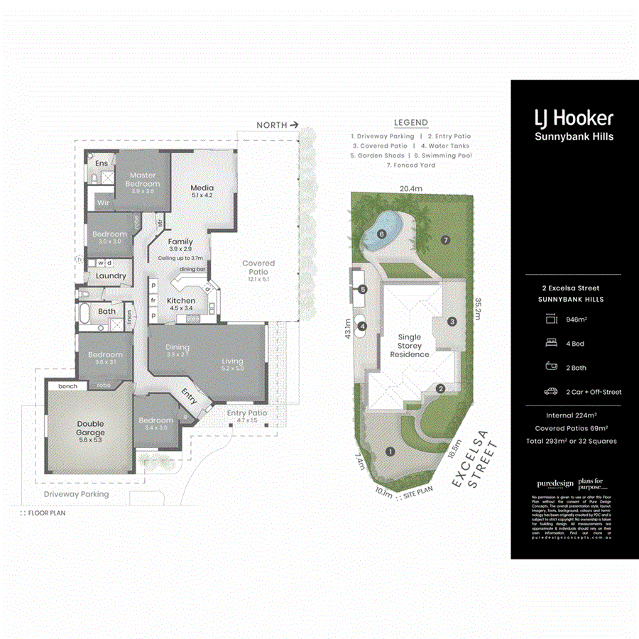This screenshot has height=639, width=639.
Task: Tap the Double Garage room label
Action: [x=90, y=428]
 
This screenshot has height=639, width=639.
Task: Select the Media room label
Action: [x=202, y=190]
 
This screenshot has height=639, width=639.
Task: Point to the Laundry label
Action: [x=111, y=276]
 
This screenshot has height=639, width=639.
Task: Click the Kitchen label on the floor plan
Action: [x=181, y=301]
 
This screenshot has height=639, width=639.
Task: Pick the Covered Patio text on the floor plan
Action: [x=258, y=267]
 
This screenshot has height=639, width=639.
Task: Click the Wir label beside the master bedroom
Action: [x=102, y=203]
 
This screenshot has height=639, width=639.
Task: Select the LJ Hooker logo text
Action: [x=573, y=119]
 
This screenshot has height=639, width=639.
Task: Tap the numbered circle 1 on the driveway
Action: [x=389, y=451]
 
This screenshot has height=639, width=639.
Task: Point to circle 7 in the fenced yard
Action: [x=446, y=239]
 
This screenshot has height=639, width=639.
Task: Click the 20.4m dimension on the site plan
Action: [x=410, y=189]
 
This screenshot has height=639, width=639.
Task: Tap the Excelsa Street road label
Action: [x=475, y=464]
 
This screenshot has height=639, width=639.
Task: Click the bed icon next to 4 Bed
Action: [x=550, y=344]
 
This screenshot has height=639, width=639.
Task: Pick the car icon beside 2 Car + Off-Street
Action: [x=550, y=391]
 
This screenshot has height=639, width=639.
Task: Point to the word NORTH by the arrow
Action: [x=272, y=125]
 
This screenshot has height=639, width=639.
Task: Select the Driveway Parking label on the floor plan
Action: [x=76, y=494]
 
